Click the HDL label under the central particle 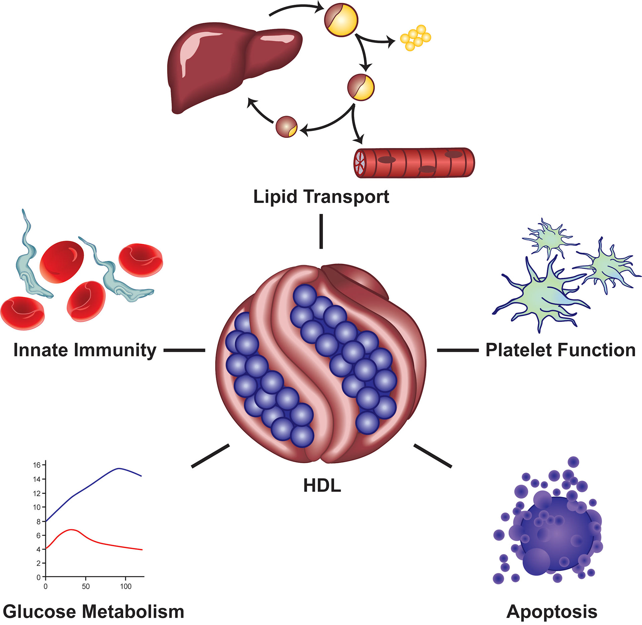pos(322,486)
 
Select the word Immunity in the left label pos(115,350)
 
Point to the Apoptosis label pos(552,612)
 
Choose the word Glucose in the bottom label pos(39,612)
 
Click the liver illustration pos(231,67)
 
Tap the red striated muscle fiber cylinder pos(415,163)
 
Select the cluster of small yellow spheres pos(416,37)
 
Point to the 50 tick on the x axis pos(86,587)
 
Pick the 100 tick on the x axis pos(126,587)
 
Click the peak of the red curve pos(71,530)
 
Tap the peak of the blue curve pos(119,468)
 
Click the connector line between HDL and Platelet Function pos(458,350)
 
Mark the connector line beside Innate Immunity pos(184,350)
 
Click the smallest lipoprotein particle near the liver pos(287,127)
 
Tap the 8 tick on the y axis pos(38,521)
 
